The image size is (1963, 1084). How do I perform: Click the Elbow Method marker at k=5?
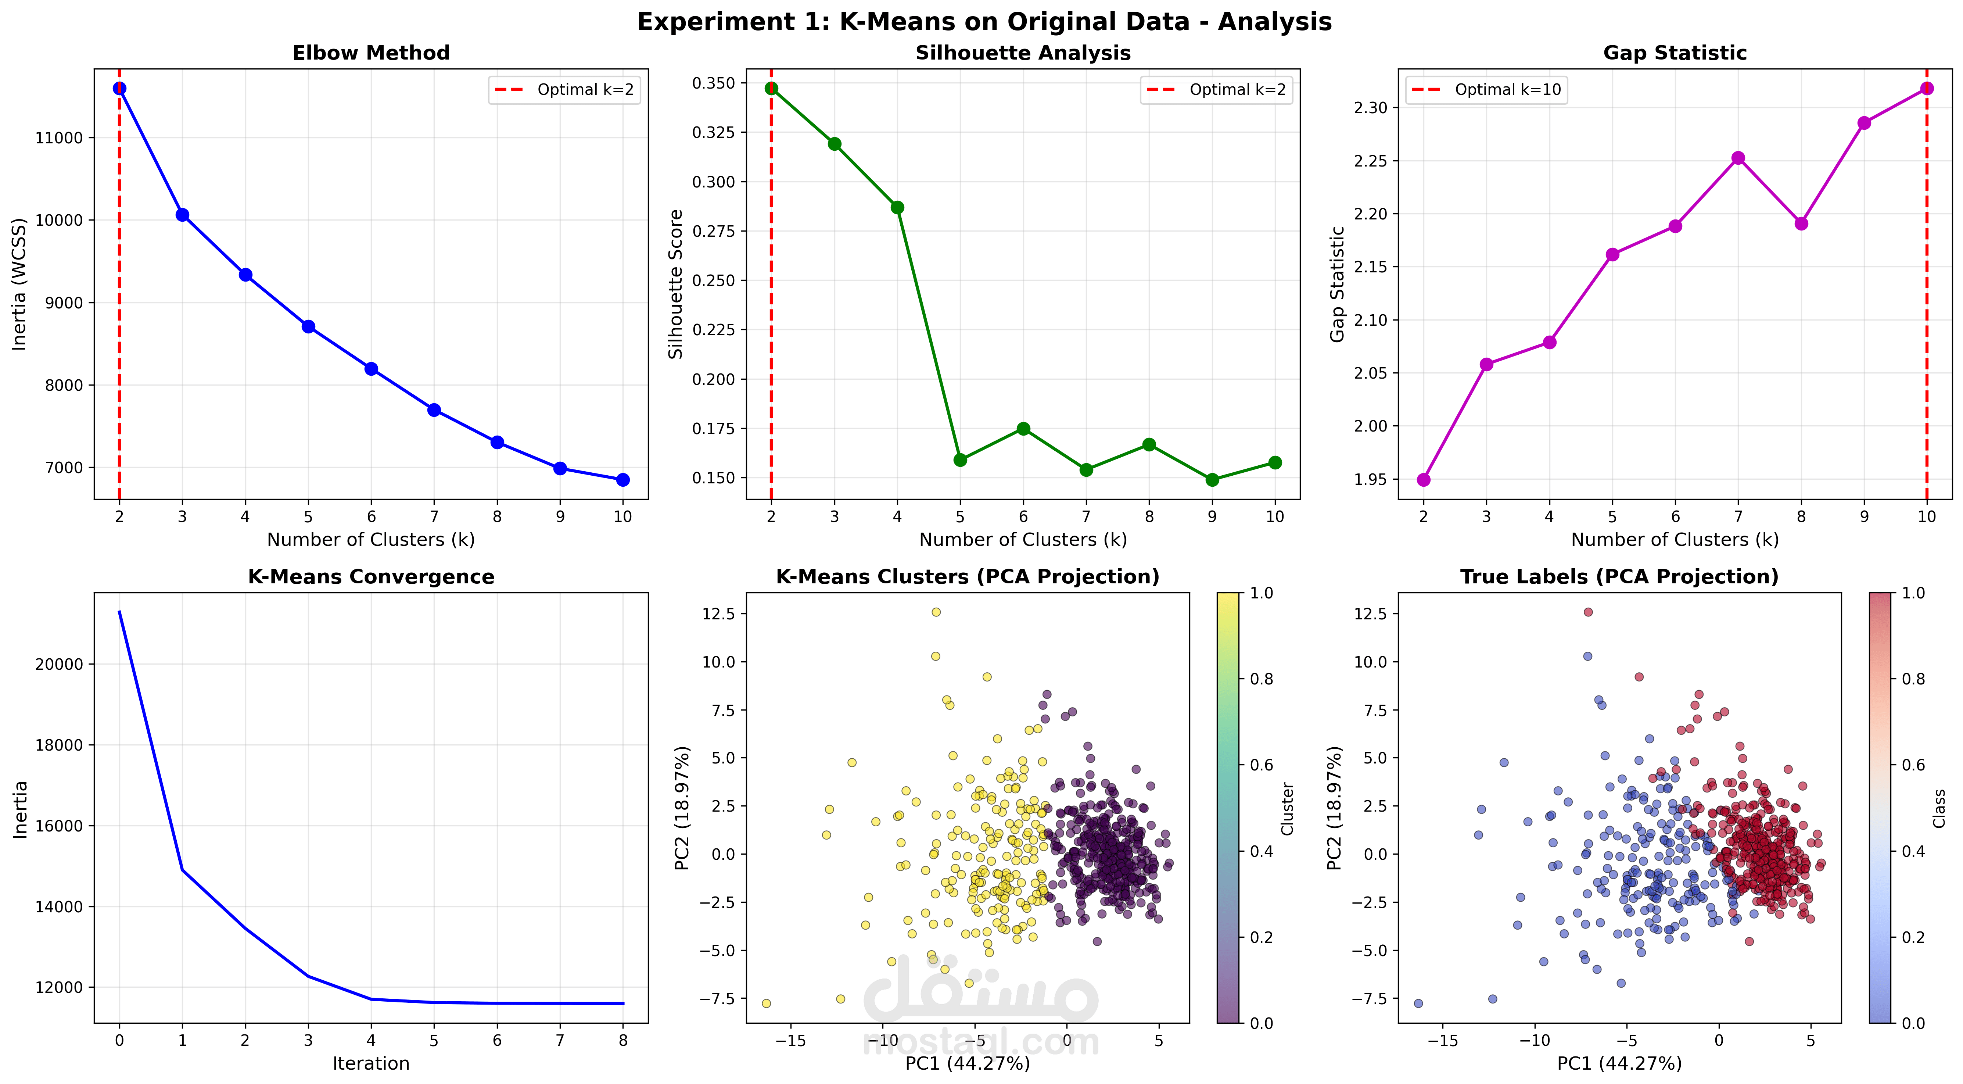click(308, 326)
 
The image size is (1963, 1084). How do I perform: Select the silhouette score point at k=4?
click(897, 207)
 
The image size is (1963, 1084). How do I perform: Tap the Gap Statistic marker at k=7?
click(1738, 158)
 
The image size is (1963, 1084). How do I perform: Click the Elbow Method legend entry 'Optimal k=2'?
click(564, 90)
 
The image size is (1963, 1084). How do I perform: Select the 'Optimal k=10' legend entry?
click(1486, 90)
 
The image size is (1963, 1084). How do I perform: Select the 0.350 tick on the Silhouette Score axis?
click(714, 83)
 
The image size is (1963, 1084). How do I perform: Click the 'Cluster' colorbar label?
click(1287, 808)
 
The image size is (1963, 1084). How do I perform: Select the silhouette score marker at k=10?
click(1275, 463)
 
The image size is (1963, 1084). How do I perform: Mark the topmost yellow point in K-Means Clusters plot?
click(936, 612)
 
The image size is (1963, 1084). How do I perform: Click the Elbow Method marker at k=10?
click(622, 479)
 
